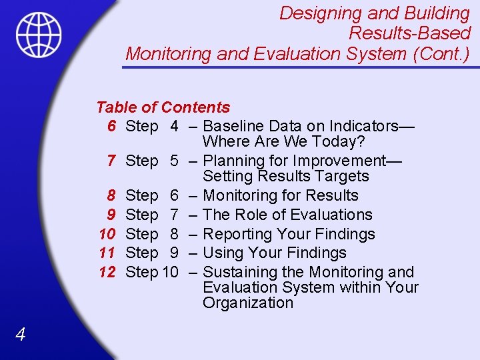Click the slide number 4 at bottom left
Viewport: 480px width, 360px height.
click(x=20, y=335)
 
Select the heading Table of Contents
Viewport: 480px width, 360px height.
click(x=163, y=107)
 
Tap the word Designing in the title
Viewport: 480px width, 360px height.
click(x=309, y=13)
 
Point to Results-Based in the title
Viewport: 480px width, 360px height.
click(x=409, y=33)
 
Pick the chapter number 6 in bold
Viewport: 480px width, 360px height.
click(x=112, y=126)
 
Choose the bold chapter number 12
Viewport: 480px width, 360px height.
click(x=107, y=272)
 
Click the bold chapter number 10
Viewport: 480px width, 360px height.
click(x=107, y=234)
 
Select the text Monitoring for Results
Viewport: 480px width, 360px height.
click(x=280, y=195)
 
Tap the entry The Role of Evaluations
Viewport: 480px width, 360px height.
click(x=287, y=215)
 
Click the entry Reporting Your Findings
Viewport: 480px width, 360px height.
click(x=289, y=234)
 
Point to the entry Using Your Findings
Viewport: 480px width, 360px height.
click(x=274, y=253)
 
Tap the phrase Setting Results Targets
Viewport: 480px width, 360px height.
click(x=285, y=176)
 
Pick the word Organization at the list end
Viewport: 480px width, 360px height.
click(x=247, y=303)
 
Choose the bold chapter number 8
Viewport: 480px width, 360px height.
click(x=112, y=195)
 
